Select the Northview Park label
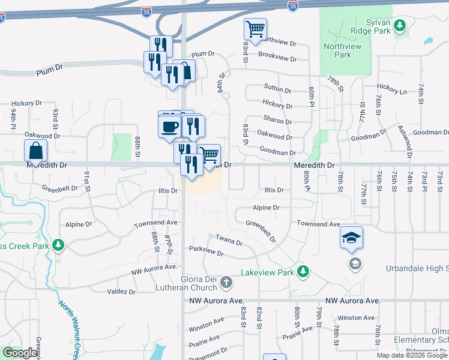click(337, 50)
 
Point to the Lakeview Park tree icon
click(303, 272)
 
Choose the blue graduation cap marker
click(351, 238)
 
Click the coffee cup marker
click(170, 126)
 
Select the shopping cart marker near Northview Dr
click(256, 29)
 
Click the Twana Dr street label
click(229, 241)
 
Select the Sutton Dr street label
click(277, 90)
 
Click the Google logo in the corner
click(20, 353)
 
